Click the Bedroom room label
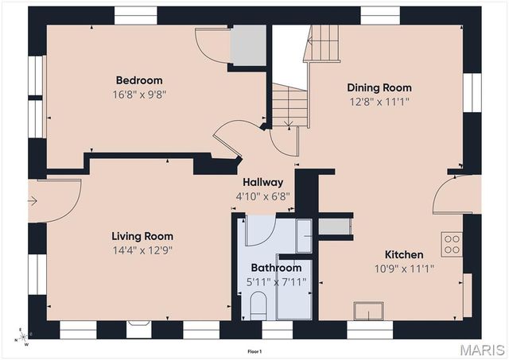(x=139, y=80)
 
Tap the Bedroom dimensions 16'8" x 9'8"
(x=139, y=95)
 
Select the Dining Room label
(x=379, y=87)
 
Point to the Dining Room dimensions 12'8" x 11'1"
(x=379, y=102)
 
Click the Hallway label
(x=263, y=182)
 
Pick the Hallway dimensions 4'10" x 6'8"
(x=263, y=196)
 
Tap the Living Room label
(x=142, y=236)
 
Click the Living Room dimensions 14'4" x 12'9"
(x=142, y=250)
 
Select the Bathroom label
(x=276, y=268)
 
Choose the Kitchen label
(x=404, y=254)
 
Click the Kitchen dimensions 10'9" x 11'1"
(x=404, y=269)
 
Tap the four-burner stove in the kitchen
(x=452, y=245)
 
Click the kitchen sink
(x=368, y=311)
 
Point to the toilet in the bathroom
(x=258, y=306)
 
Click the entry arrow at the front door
(x=33, y=201)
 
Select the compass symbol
(x=23, y=337)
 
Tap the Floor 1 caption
(x=254, y=351)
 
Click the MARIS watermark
(x=483, y=350)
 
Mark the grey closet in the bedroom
(x=248, y=45)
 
